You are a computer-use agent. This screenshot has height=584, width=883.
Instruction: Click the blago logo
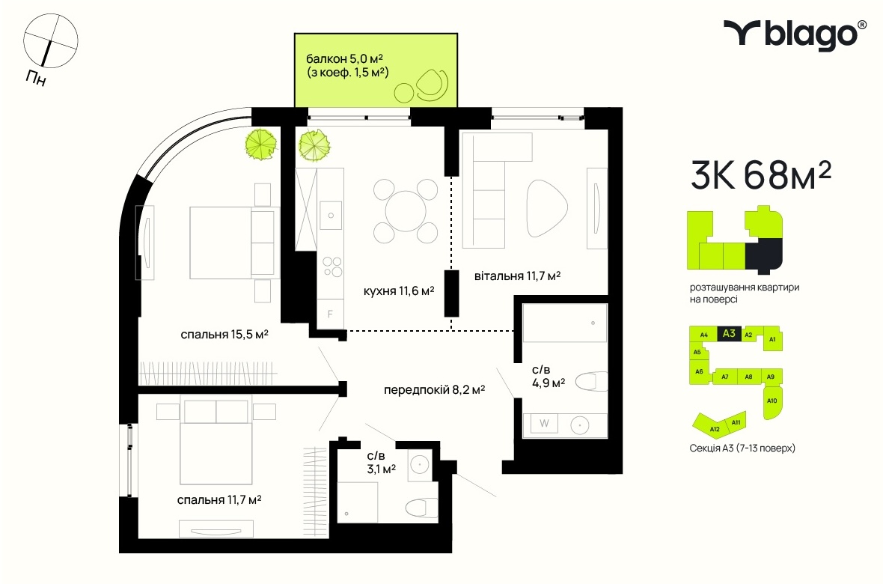tap(795, 34)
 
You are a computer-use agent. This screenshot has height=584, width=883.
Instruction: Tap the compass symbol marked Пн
tap(50, 41)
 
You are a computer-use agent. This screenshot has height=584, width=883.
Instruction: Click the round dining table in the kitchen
tap(406, 211)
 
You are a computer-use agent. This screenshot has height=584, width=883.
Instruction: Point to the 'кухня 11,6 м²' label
tap(399, 291)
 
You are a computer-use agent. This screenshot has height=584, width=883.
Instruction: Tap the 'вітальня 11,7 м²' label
tap(517, 276)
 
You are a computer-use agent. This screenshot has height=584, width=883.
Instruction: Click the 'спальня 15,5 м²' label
tap(224, 334)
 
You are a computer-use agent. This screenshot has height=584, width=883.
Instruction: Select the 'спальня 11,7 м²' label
tap(219, 500)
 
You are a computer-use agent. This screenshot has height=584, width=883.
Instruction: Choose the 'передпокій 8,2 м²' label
tap(434, 389)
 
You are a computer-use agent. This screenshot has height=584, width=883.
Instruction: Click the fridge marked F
tap(331, 314)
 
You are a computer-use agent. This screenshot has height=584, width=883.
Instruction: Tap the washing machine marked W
tap(544, 423)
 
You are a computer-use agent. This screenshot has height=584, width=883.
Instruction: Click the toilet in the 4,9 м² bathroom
tap(592, 382)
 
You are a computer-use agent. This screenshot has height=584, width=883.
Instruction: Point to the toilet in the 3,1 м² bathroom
tap(422, 508)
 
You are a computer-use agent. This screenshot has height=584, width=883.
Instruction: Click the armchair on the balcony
tap(432, 85)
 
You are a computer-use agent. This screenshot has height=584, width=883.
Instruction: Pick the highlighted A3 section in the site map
tap(729, 333)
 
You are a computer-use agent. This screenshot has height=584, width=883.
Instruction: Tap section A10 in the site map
tap(772, 402)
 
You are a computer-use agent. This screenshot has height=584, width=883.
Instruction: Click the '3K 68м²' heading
tap(761, 174)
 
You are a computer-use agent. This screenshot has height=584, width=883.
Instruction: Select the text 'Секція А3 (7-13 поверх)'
tap(742, 448)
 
